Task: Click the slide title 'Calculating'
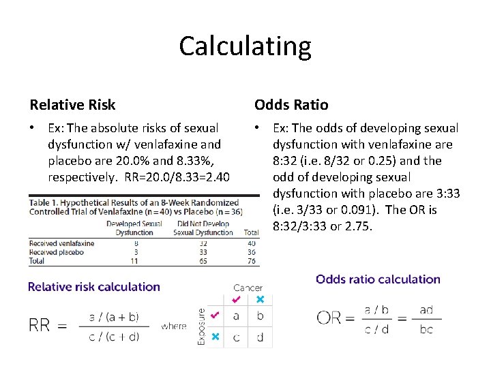pos(245,46)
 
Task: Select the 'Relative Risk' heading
pos(72,105)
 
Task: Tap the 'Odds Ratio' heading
pos(291,105)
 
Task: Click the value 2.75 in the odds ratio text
pos(359,226)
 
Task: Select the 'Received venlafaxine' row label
pos(61,243)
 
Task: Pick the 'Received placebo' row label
pos(56,251)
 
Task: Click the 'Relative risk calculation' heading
pos(94,287)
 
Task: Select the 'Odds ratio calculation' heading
pos(378,279)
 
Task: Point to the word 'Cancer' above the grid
pos(248,288)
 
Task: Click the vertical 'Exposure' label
pos(201,326)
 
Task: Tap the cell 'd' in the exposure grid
pos(259,337)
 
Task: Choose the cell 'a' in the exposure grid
pos(237,316)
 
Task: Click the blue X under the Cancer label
pos(259,300)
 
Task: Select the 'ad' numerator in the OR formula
pos(426,310)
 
